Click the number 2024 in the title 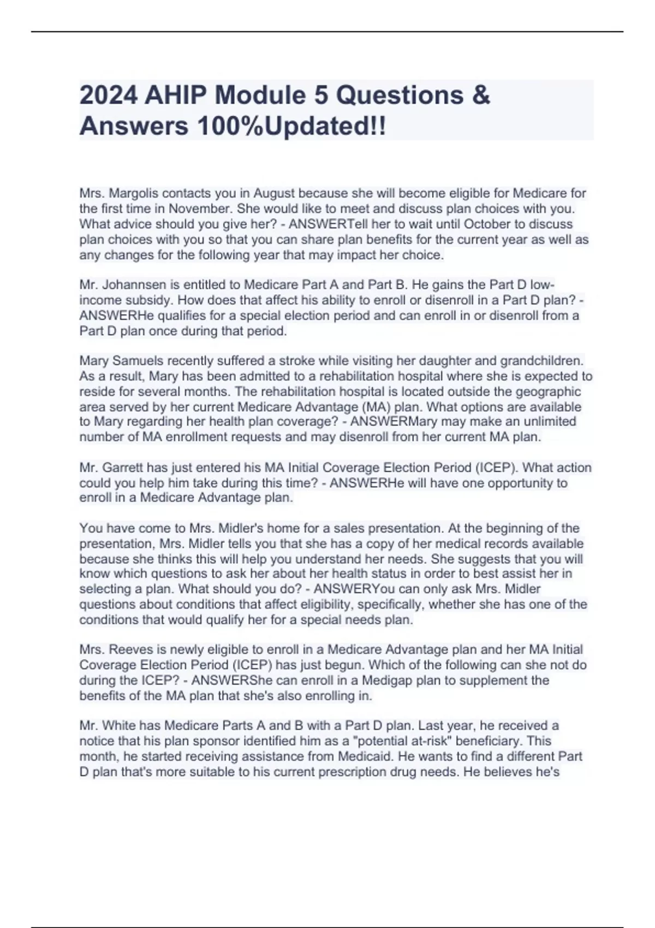108,96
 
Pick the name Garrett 125,468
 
